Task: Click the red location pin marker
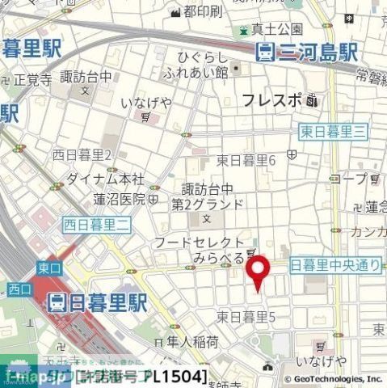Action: tap(257, 272)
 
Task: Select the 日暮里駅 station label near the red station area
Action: tap(98, 302)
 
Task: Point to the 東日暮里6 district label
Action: tap(246, 160)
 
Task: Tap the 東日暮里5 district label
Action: tap(246, 316)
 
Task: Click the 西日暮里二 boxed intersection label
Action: tap(97, 226)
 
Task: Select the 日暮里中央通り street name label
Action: tap(334, 265)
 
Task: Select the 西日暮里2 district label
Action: tap(82, 154)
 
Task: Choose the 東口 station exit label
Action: tap(48, 267)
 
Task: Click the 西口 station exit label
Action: tap(18, 289)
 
